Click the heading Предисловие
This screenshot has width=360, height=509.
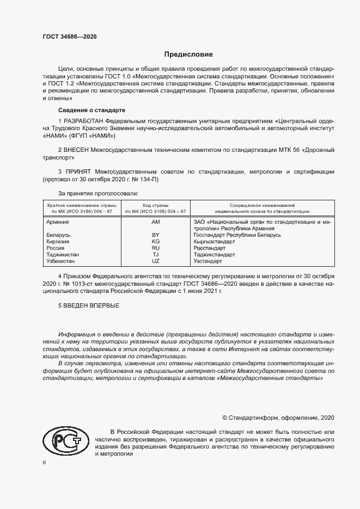point(188,54)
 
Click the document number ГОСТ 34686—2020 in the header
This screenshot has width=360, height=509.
point(70,36)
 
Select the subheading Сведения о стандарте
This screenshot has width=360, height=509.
point(91,110)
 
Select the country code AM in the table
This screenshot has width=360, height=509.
point(156,222)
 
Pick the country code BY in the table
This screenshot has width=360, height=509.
point(156,235)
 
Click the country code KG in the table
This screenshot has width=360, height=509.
point(156,241)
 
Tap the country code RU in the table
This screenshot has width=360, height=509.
point(156,248)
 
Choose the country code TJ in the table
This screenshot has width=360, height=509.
point(156,254)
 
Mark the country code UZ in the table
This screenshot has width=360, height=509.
point(156,261)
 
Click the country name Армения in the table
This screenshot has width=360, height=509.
point(58,222)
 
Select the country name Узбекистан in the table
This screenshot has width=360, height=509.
point(62,261)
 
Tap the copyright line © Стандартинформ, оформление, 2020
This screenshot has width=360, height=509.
point(278,418)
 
